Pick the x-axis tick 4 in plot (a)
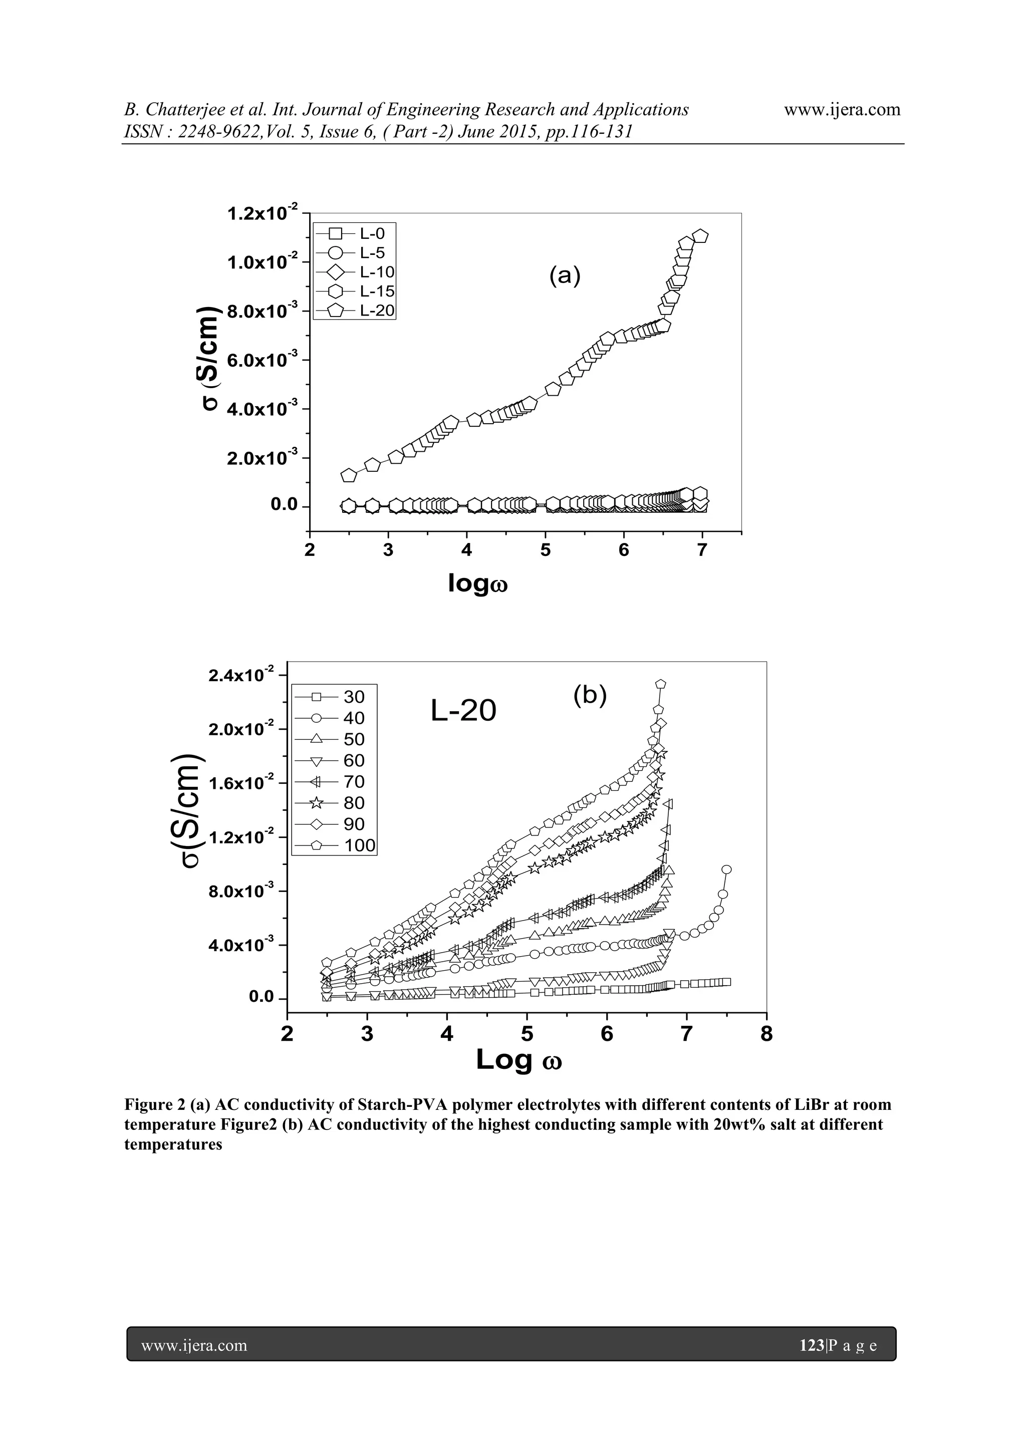[466, 550]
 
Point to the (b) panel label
[590, 695]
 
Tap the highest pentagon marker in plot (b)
[661, 684]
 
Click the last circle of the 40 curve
[726, 869]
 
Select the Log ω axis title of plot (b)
[519, 1060]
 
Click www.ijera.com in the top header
[842, 110]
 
